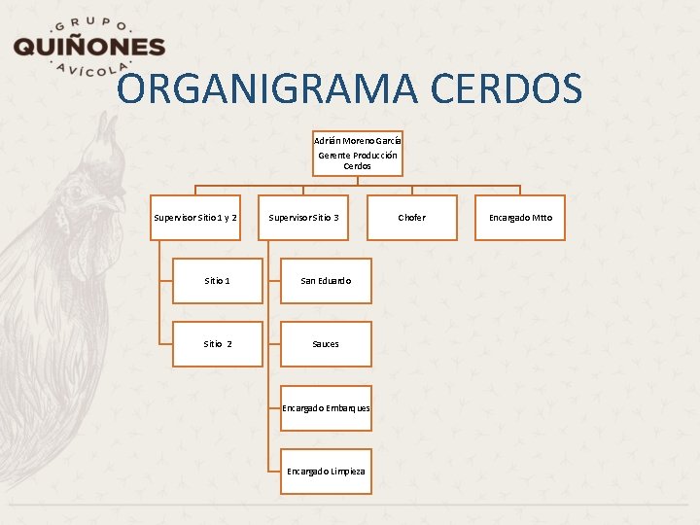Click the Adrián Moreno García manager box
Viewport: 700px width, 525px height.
click(x=357, y=153)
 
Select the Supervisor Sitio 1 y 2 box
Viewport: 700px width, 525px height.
click(x=195, y=218)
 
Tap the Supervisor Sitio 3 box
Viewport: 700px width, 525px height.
click(x=303, y=218)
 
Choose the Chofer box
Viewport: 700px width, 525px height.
click(x=411, y=218)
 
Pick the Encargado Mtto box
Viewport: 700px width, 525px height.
click(x=520, y=218)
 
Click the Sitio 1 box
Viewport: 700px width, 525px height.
click(x=218, y=281)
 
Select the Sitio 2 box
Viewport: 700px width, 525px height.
click(x=218, y=344)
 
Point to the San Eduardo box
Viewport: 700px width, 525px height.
click(x=326, y=281)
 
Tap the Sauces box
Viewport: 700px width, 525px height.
click(x=326, y=344)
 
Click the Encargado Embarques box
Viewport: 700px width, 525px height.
click(x=326, y=408)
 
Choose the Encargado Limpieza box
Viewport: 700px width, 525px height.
click(x=326, y=472)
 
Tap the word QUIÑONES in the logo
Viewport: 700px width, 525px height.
click(x=88, y=47)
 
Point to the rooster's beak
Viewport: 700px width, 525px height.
click(x=115, y=204)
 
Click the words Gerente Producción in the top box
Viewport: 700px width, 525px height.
click(x=357, y=155)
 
